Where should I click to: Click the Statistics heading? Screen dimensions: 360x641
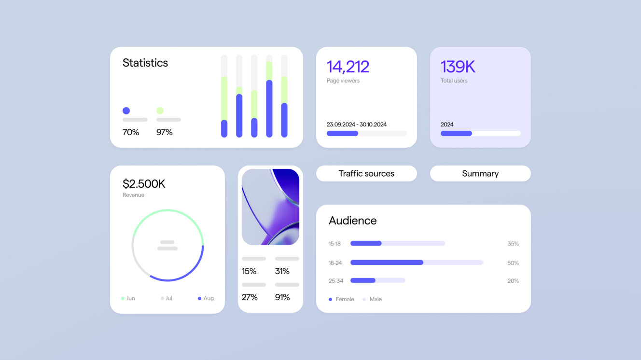click(x=145, y=63)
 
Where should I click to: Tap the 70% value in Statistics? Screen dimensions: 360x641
click(x=131, y=132)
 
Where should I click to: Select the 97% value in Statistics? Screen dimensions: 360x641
click(x=164, y=132)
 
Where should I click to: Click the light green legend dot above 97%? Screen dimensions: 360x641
click(x=160, y=111)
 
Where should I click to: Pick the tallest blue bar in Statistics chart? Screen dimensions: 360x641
click(x=269, y=109)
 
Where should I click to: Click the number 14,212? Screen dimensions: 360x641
click(x=348, y=67)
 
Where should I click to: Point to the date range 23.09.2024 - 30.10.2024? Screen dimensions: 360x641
click(x=356, y=125)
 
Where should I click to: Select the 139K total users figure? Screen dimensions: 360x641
click(x=458, y=67)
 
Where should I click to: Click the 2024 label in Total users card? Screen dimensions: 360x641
click(x=447, y=125)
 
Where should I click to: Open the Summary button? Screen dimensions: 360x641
click(x=480, y=174)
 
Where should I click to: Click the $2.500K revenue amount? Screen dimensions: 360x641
click(x=144, y=184)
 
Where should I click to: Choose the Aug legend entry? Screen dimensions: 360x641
click(x=206, y=298)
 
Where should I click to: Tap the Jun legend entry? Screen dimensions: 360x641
click(x=128, y=298)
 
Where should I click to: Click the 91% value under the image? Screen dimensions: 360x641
click(x=282, y=297)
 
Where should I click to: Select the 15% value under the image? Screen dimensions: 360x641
click(x=249, y=271)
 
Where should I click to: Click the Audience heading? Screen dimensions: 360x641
click(x=352, y=221)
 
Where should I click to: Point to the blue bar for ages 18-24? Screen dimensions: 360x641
click(x=387, y=263)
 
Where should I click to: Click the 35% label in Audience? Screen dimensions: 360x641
click(x=513, y=244)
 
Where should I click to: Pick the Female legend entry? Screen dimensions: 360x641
click(x=342, y=299)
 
